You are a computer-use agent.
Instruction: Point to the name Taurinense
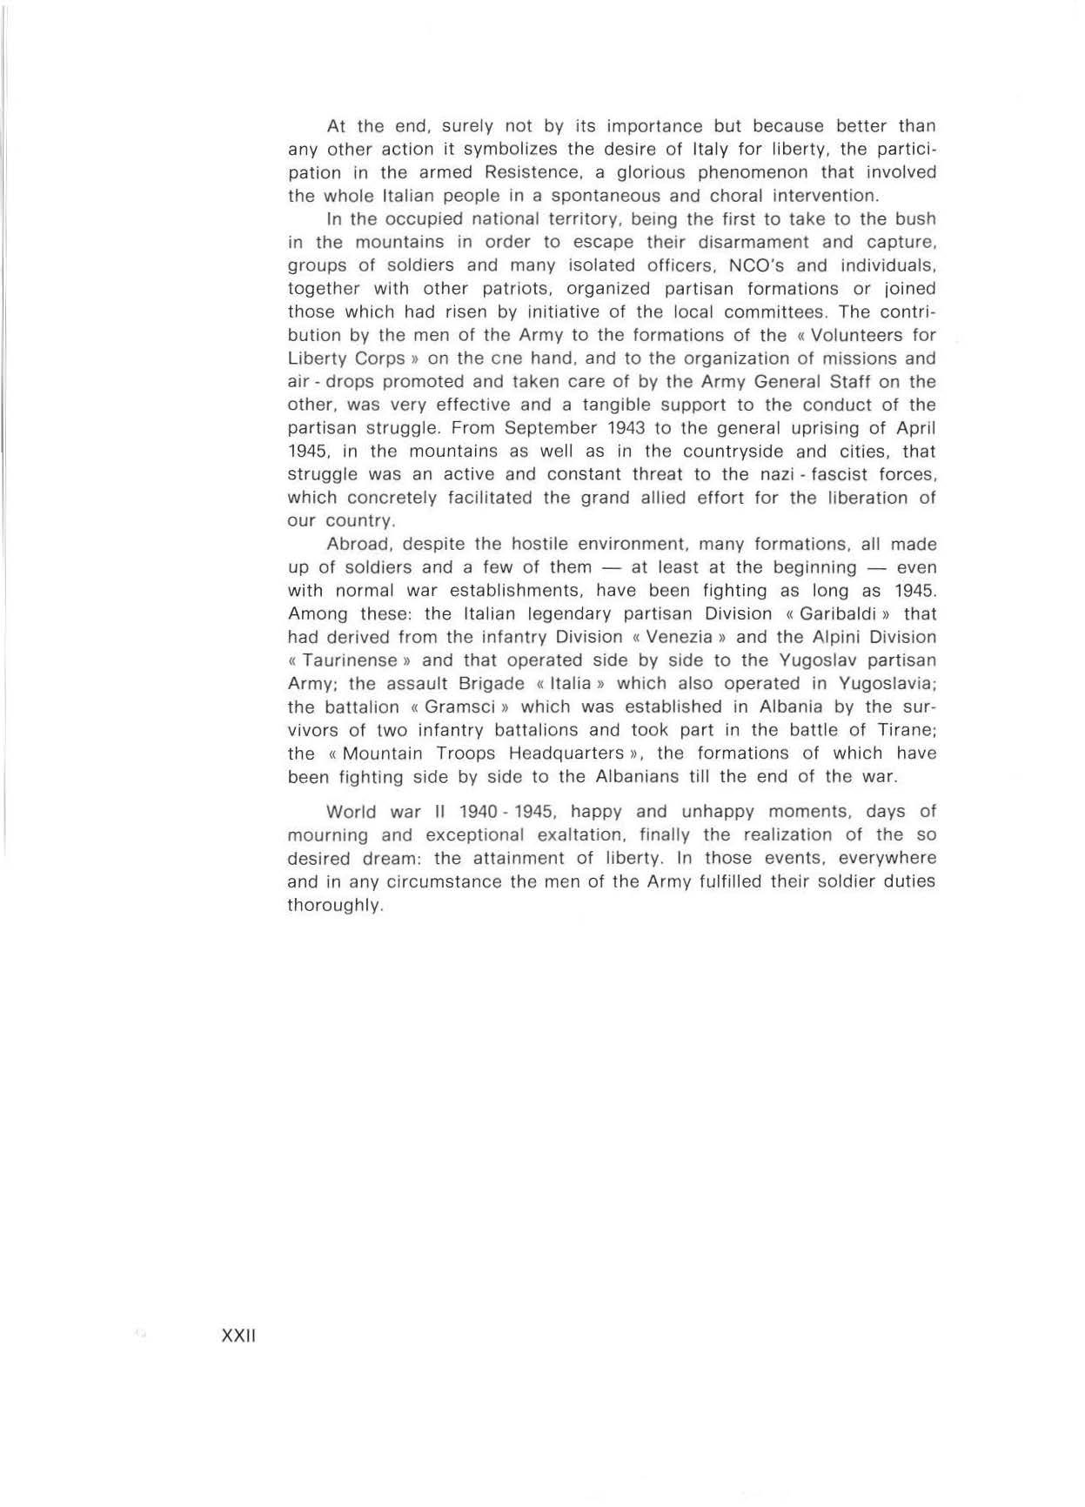pyautogui.click(x=356, y=660)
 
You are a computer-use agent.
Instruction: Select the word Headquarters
pyautogui.click(x=566, y=753)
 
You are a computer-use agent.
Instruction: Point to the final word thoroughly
pyautogui.click(x=334, y=905)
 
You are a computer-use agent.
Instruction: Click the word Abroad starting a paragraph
pyautogui.click(x=358, y=545)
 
